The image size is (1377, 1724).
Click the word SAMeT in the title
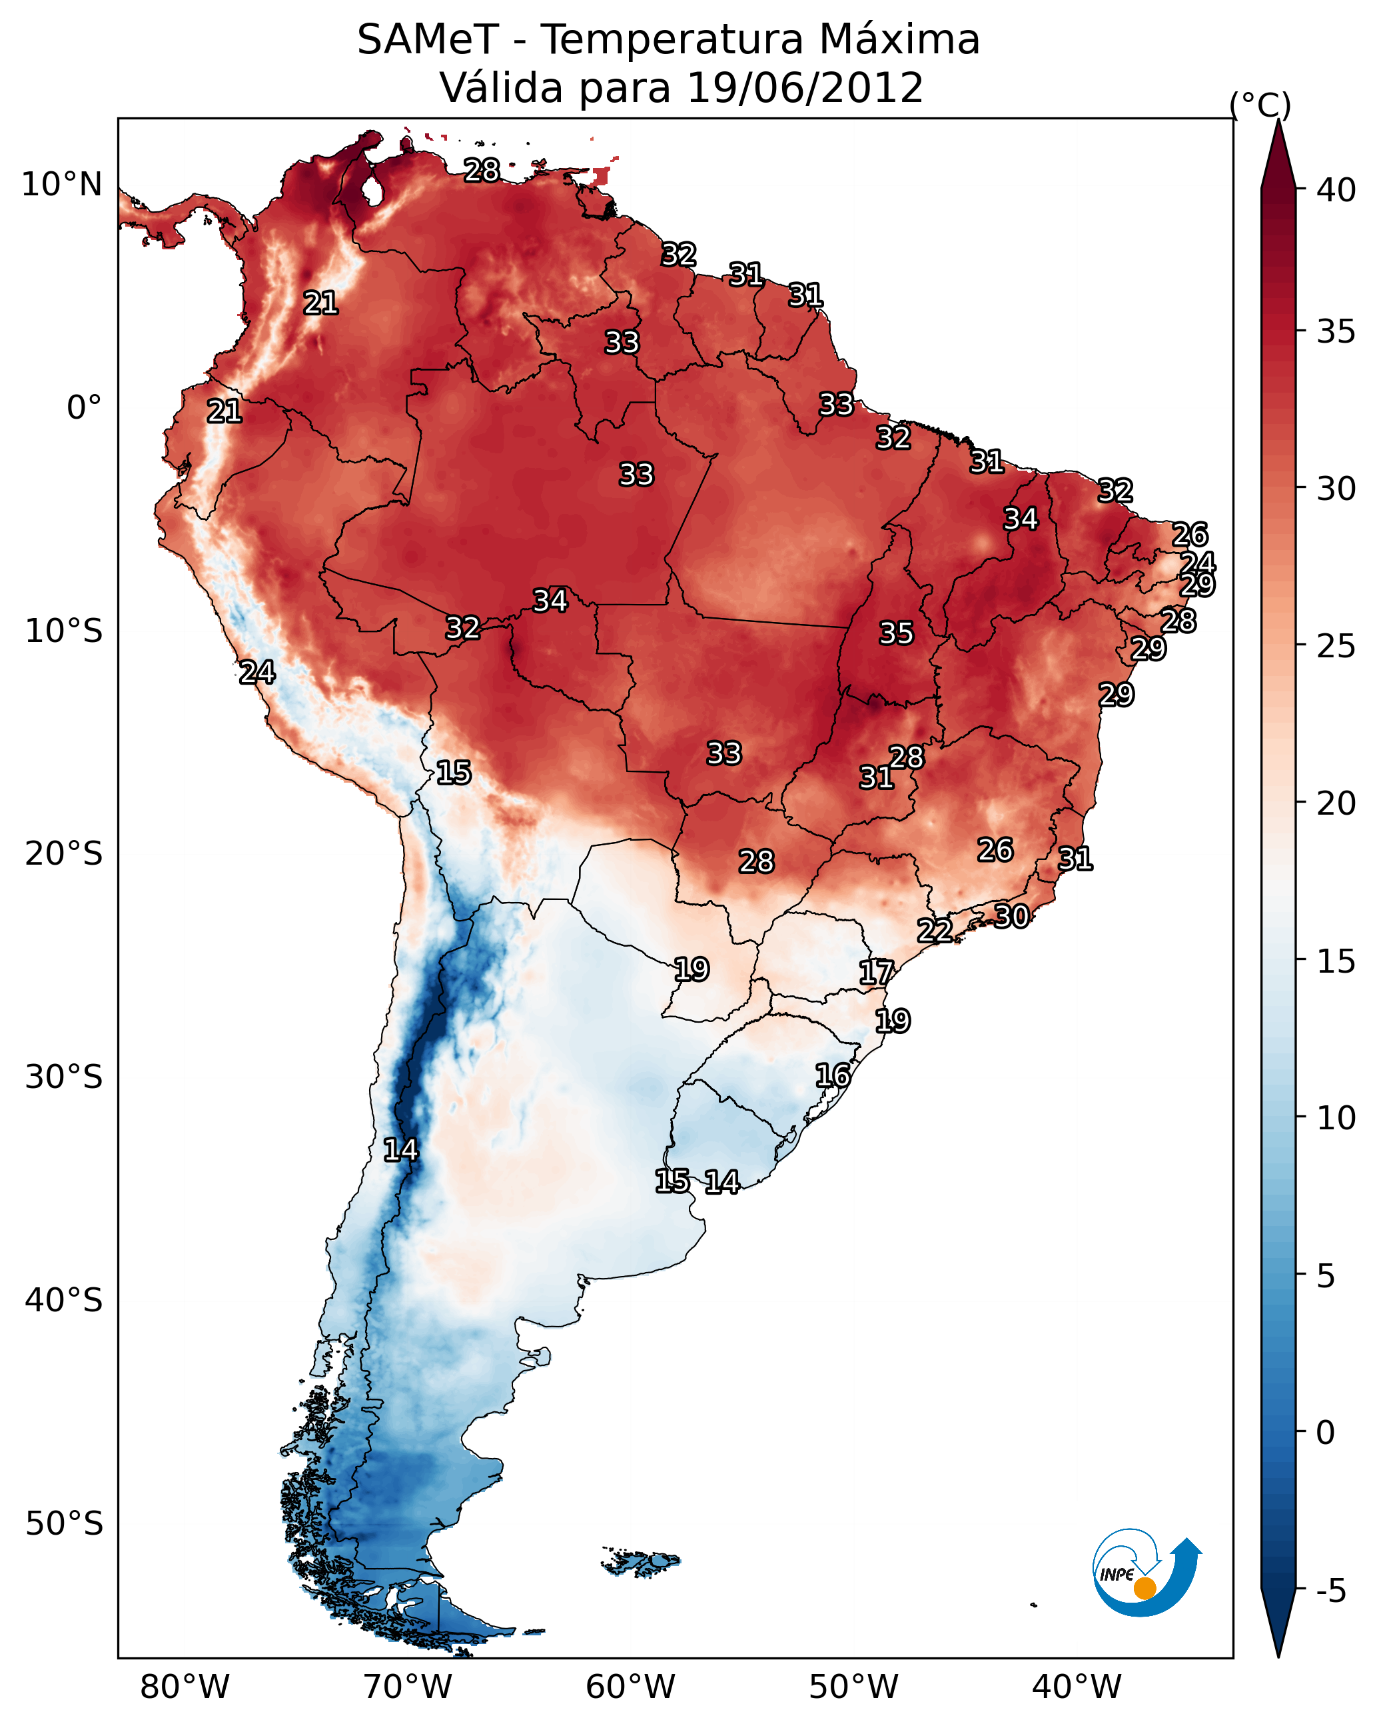click(x=428, y=40)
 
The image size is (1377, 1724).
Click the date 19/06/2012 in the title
click(x=805, y=88)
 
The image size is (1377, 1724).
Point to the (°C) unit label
click(x=1260, y=105)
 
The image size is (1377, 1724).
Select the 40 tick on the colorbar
click(x=1336, y=190)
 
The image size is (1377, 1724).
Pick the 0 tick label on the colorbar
click(x=1326, y=1433)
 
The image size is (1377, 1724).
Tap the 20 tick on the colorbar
click(x=1336, y=803)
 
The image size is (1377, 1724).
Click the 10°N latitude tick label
click(x=61, y=185)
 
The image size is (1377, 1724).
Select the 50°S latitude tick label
click(x=64, y=1524)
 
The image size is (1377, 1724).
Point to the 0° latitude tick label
click(x=84, y=408)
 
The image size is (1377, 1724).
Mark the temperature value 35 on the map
click(x=896, y=633)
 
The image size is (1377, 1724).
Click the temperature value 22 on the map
click(x=934, y=931)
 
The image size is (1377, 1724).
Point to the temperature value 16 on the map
click(x=833, y=1075)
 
